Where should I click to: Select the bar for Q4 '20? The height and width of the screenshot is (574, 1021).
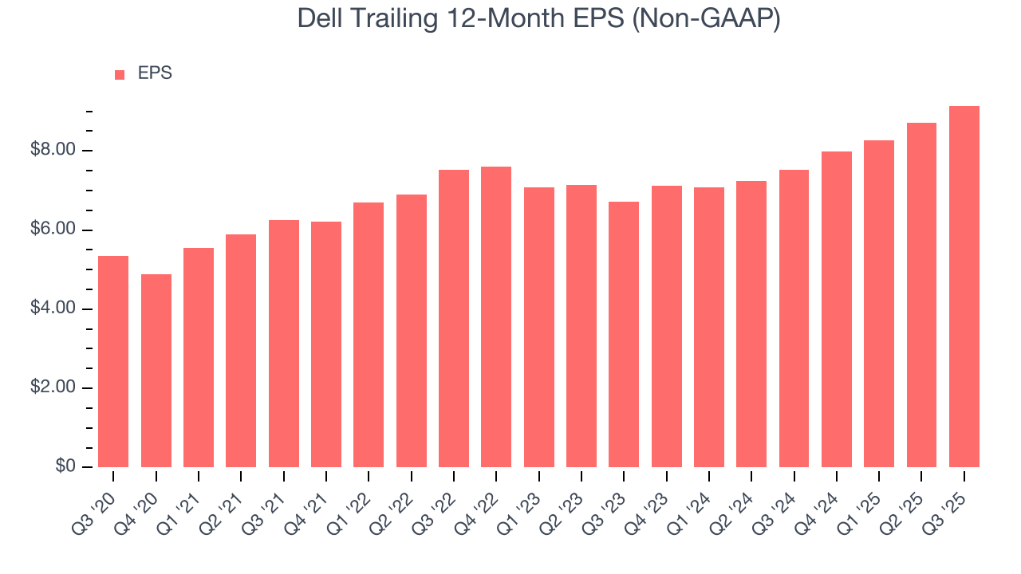tap(156, 371)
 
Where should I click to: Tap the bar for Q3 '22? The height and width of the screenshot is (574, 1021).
tap(454, 318)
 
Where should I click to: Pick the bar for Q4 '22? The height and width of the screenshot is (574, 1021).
tap(496, 316)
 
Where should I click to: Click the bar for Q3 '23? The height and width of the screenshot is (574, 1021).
tap(624, 334)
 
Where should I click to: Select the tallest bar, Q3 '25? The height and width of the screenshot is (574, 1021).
tap(964, 286)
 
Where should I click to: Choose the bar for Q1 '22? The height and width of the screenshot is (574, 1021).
tap(369, 335)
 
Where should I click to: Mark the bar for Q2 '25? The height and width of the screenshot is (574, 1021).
tap(921, 295)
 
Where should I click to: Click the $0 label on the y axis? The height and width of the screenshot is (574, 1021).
tap(65, 466)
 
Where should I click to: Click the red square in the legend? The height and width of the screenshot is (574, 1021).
tap(120, 74)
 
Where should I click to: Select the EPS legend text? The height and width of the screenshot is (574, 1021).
tap(155, 73)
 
